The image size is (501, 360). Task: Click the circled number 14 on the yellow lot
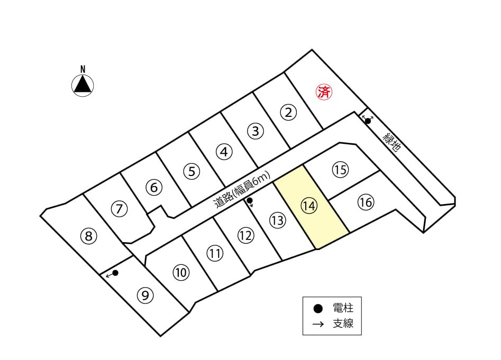click(x=309, y=206)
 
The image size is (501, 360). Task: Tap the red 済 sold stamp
click(x=324, y=92)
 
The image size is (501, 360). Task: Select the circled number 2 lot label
click(x=288, y=113)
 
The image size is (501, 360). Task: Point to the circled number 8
click(x=88, y=236)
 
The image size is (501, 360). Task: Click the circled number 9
click(x=145, y=296)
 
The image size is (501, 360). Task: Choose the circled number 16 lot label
click(x=366, y=202)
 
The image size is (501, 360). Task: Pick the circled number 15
click(x=340, y=170)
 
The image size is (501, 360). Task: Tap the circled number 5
click(x=192, y=171)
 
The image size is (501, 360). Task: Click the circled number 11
click(x=215, y=253)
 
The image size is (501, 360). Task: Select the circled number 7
click(x=119, y=209)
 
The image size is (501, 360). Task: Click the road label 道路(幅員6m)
click(x=242, y=190)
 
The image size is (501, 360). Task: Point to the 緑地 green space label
click(x=391, y=142)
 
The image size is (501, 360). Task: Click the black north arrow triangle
click(x=83, y=85)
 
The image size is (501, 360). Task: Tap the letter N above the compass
click(x=83, y=69)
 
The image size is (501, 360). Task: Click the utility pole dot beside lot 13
click(x=250, y=200)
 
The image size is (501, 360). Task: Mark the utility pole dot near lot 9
click(x=116, y=273)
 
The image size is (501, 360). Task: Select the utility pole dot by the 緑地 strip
click(x=368, y=121)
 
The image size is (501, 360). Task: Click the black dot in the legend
click(x=317, y=309)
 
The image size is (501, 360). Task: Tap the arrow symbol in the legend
click(x=318, y=324)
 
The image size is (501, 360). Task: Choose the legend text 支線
click(x=343, y=324)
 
